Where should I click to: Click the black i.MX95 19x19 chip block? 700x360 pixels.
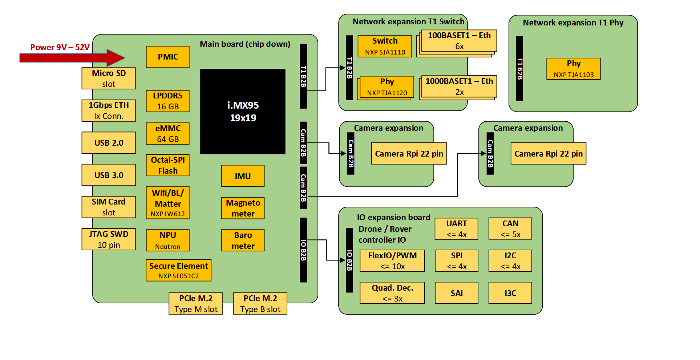tap(243, 112)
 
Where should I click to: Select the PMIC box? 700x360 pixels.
tap(167, 57)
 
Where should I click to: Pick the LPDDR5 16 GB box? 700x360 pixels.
tap(167, 101)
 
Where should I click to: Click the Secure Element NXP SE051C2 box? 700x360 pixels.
tap(178, 270)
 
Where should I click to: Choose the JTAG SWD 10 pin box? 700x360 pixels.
tap(109, 239)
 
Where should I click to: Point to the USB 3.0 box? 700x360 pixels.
tap(109, 175)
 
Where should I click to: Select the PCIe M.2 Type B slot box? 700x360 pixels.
tap(260, 303)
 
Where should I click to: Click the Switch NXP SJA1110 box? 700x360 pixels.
tap(385, 46)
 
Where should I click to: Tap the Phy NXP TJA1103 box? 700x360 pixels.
tap(573, 69)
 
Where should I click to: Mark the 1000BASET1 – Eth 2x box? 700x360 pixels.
tap(459, 86)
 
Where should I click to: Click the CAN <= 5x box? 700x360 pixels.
tap(510, 228)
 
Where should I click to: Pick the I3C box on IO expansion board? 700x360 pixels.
tap(510, 293)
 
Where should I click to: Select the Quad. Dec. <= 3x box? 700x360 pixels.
tap(392, 293)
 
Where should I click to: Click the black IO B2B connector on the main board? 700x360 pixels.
tap(303, 250)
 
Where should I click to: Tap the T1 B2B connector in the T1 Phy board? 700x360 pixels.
tap(519, 69)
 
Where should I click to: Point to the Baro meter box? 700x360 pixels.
tap(243, 240)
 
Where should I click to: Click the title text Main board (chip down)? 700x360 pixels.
tap(245, 44)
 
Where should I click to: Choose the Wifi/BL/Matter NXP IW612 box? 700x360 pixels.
tap(167, 203)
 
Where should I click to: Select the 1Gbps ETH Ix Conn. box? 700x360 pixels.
tap(109, 110)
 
